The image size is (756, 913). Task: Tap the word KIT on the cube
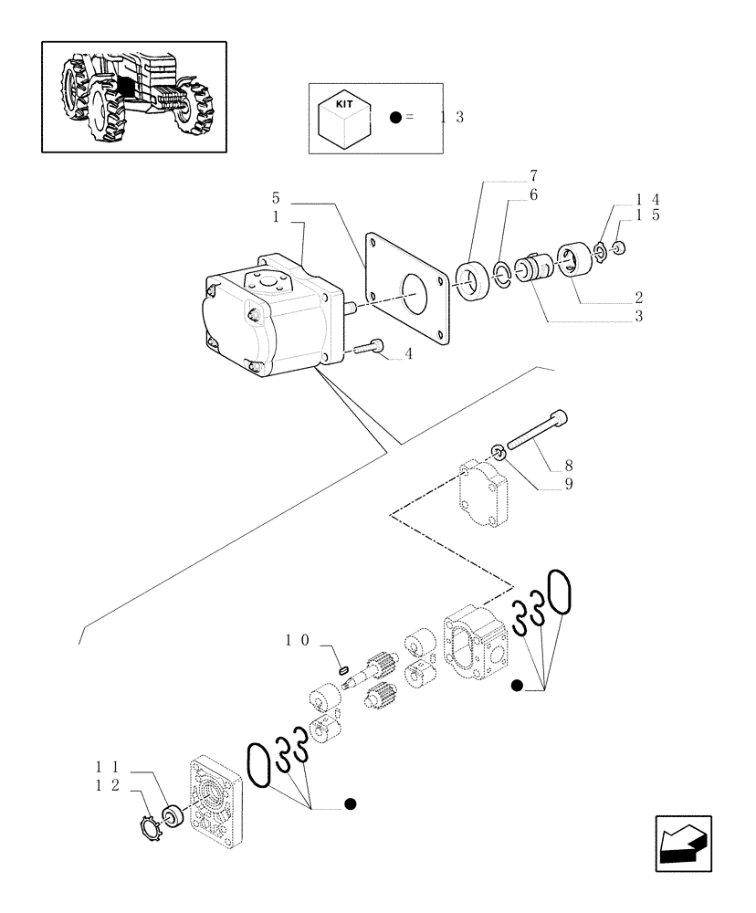pos(343,105)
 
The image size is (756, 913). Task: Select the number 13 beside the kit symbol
pos(452,117)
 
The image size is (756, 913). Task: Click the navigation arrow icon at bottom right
pos(682,843)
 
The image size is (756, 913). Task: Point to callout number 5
pos(275,198)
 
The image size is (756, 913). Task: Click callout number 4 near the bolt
pos(408,354)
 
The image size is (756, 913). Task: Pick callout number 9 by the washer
pos(568,484)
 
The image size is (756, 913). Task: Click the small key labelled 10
pos(343,672)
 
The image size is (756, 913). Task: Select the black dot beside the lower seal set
pos(350,804)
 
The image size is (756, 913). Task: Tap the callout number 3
pos(639,317)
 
